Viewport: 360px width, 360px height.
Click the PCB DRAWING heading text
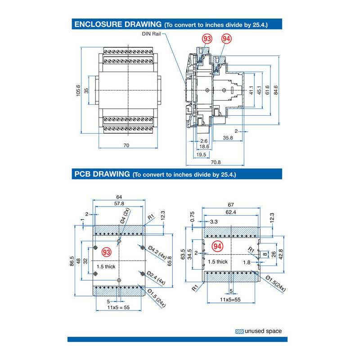[x=100, y=174]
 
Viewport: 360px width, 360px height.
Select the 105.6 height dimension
[x=79, y=90]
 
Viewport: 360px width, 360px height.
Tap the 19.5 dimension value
[x=201, y=154]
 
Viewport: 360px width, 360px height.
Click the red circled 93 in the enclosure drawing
[x=207, y=40]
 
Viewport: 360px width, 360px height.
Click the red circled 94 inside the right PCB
[x=217, y=247]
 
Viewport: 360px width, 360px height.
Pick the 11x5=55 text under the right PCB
[x=229, y=299]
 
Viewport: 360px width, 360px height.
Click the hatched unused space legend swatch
[x=239, y=332]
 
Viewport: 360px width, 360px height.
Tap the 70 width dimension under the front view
[x=126, y=145]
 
